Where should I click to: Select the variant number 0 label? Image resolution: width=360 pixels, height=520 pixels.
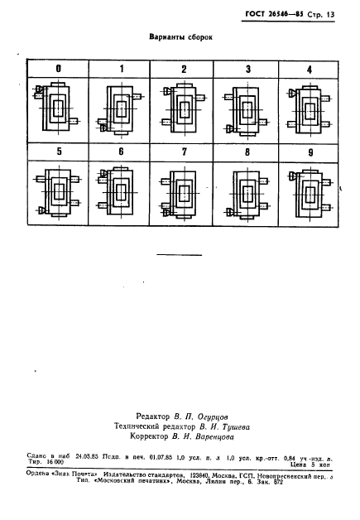pyautogui.click(x=59, y=69)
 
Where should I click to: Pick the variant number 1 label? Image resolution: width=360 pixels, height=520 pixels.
pyautogui.click(x=121, y=69)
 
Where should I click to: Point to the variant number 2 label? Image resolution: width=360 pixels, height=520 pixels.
pyautogui.click(x=184, y=69)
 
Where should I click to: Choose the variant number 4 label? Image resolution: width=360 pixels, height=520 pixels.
pyautogui.click(x=309, y=69)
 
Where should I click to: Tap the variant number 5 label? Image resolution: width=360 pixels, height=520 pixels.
pyautogui.click(x=59, y=152)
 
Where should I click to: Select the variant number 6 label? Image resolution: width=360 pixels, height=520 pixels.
pyautogui.click(x=121, y=152)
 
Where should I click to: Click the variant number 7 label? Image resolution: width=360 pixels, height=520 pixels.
pyautogui.click(x=184, y=152)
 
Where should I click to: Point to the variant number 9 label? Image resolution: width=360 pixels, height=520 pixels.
pyautogui.click(x=309, y=152)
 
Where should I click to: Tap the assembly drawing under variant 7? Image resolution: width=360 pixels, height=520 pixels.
pyautogui.click(x=184, y=193)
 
